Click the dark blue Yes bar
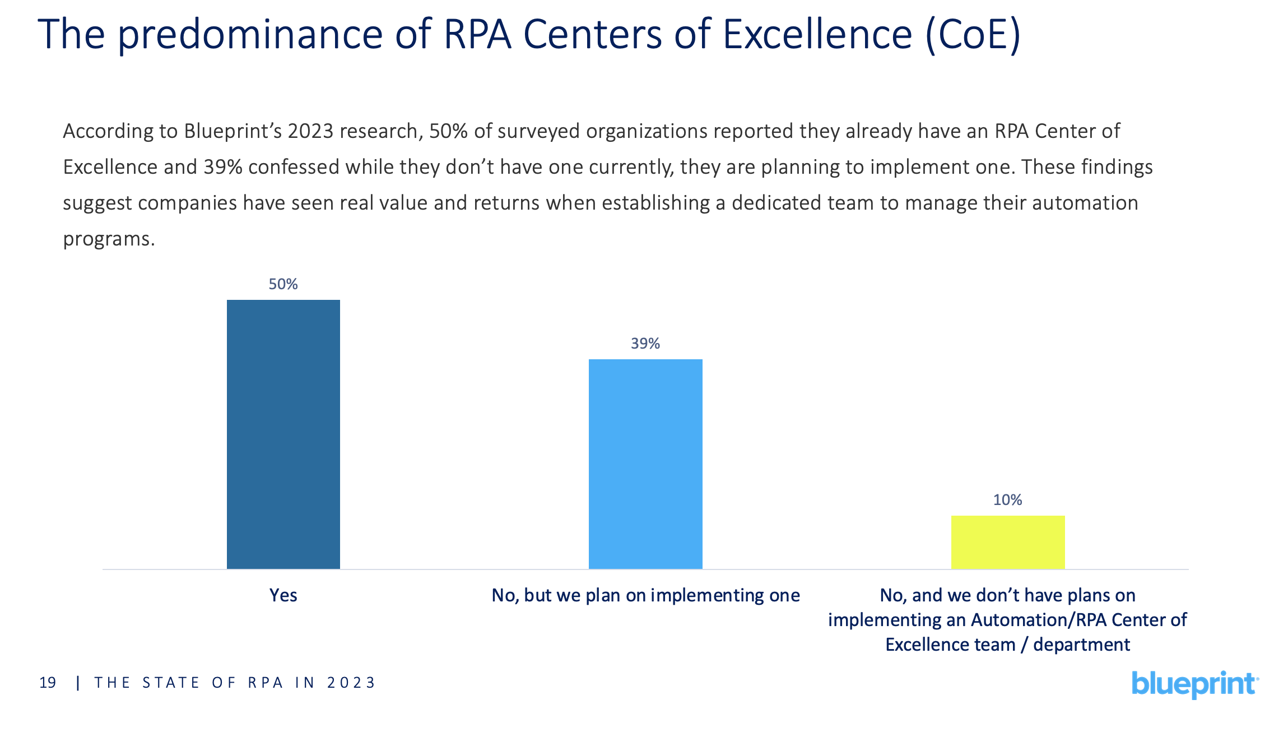pyautogui.click(x=283, y=434)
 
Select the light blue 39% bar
pyautogui.click(x=645, y=464)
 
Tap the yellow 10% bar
pyautogui.click(x=1007, y=542)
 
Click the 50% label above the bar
pyautogui.click(x=283, y=284)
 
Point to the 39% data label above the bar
pyautogui.click(x=645, y=344)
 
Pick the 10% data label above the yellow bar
pyautogui.click(x=1007, y=500)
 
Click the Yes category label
pyautogui.click(x=283, y=595)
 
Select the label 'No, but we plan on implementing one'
pyautogui.click(x=645, y=595)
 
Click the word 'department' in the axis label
pyautogui.click(x=1081, y=645)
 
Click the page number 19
pyautogui.click(x=48, y=683)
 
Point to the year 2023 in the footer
pyautogui.click(x=351, y=683)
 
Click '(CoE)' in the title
pyautogui.click(x=973, y=35)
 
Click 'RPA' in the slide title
pyautogui.click(x=477, y=35)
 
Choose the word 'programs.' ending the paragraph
pyautogui.click(x=109, y=239)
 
